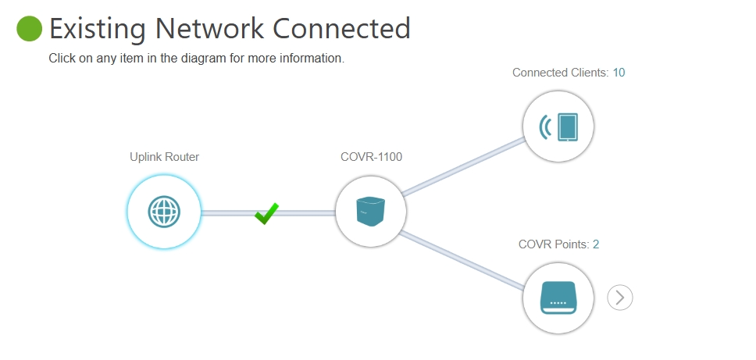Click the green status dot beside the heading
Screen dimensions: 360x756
29,29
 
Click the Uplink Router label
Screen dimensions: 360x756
164,157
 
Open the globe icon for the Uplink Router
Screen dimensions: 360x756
164,211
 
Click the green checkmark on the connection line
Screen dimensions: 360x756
266,213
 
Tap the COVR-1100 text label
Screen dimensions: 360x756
371,157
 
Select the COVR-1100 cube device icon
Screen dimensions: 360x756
371,211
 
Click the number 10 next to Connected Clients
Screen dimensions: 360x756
619,73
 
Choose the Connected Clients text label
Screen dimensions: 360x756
560,73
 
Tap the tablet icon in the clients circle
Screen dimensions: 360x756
568,127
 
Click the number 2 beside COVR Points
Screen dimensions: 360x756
596,244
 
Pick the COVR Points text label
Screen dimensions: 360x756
554,244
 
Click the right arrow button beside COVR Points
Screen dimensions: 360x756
620,297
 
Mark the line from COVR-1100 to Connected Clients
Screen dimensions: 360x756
465,166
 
